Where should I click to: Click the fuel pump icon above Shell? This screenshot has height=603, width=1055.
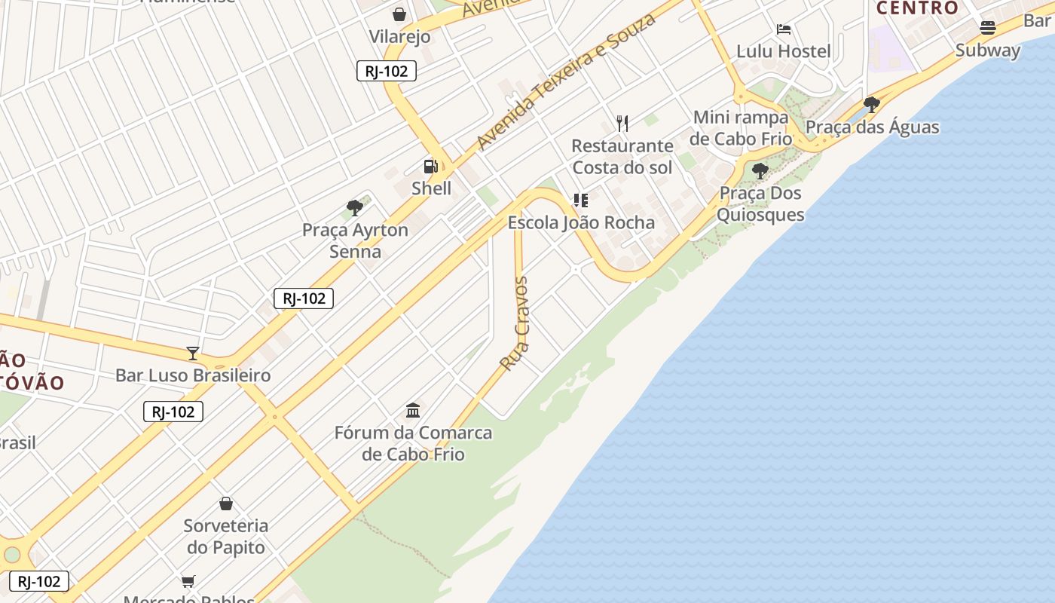(430, 167)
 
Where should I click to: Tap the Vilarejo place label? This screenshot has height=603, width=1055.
(399, 36)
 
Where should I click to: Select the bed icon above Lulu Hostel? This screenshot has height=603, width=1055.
(784, 29)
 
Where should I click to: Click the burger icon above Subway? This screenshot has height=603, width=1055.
(987, 28)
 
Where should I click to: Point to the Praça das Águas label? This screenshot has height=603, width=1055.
(872, 127)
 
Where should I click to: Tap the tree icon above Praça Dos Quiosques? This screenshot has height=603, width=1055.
(760, 171)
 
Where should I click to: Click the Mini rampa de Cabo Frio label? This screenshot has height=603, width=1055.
(741, 128)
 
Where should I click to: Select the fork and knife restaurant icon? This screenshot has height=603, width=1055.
(622, 123)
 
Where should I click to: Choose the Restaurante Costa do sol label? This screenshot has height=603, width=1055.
(622, 156)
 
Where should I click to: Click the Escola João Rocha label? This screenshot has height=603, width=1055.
(581, 223)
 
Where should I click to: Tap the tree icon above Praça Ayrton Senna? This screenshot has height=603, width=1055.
(355, 208)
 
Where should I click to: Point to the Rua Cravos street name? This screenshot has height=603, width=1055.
(515, 324)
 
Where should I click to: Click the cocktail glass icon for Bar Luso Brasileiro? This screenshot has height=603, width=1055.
(193, 354)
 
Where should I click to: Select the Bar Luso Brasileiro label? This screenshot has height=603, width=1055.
(193, 375)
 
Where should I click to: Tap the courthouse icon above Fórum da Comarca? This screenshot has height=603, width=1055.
(413, 411)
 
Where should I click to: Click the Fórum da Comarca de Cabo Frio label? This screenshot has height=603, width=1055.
(413, 443)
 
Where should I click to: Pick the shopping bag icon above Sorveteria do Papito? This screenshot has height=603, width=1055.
(226, 504)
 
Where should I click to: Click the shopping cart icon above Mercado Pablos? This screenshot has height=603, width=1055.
(188, 581)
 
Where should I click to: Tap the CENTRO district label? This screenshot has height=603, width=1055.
(917, 8)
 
